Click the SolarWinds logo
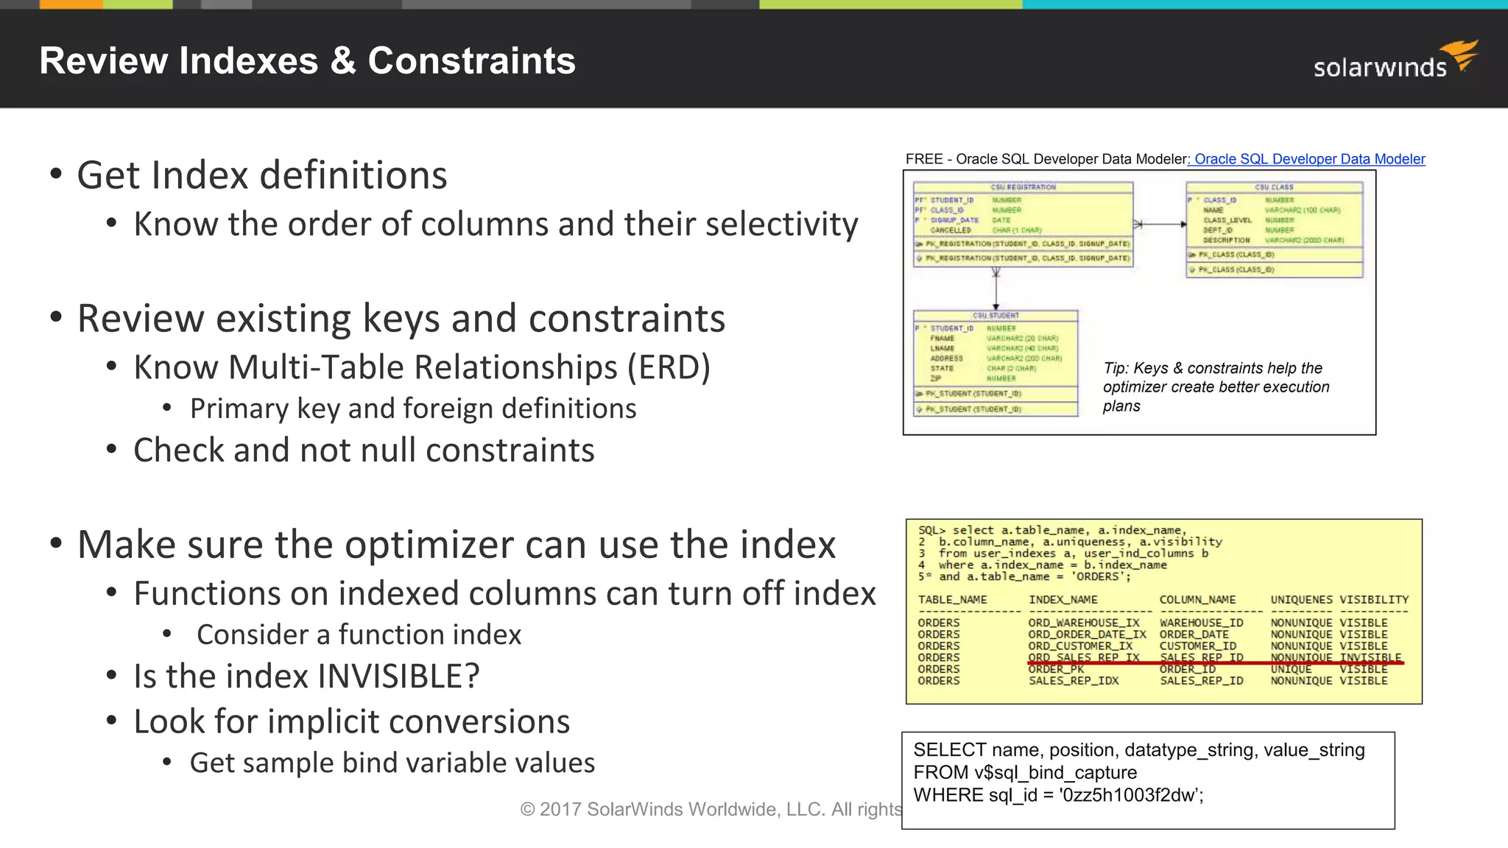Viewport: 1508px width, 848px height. click(x=1395, y=62)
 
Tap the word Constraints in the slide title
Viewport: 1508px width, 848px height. click(x=471, y=60)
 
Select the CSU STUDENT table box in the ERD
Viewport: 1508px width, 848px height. click(x=996, y=364)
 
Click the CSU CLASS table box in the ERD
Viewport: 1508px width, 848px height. click(x=1274, y=230)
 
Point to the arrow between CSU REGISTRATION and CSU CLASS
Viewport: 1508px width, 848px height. click(x=1160, y=225)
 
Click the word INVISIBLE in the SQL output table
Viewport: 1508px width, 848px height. click(x=1370, y=657)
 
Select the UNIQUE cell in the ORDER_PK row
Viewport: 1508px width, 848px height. click(x=1290, y=669)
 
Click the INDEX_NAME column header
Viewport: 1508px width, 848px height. click(x=1063, y=600)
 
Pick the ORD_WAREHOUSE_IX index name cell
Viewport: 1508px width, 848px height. click(x=1083, y=623)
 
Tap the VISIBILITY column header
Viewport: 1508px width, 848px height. click(x=1373, y=600)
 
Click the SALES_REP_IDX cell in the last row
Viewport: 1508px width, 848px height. click(x=1073, y=681)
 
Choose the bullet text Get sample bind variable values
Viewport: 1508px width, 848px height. click(x=392, y=763)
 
